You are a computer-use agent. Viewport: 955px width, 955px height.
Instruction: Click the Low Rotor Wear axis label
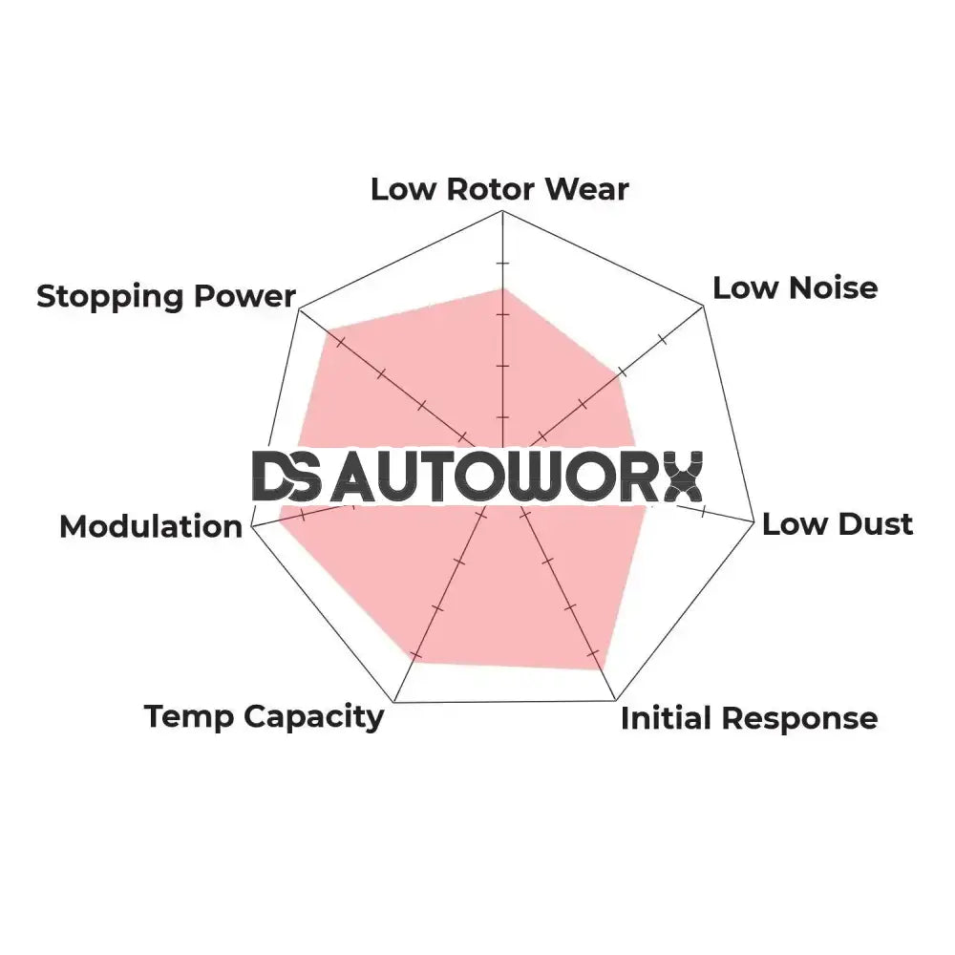click(x=499, y=189)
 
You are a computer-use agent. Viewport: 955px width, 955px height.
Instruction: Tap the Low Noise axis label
click(x=795, y=288)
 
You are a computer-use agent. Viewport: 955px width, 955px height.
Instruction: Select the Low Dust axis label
click(x=838, y=524)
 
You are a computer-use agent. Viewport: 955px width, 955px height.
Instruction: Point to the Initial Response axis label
click(x=749, y=719)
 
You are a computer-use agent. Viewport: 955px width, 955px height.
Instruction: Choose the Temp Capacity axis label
click(x=264, y=717)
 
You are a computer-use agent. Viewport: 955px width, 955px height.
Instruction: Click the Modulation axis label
click(x=151, y=527)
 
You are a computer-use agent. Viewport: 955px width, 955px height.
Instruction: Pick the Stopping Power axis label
click(x=166, y=297)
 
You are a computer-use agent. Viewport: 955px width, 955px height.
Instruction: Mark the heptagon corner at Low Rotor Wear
click(x=502, y=211)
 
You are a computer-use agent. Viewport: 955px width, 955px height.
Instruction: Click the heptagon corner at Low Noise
click(x=704, y=307)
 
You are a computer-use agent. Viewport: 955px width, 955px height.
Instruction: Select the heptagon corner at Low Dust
click(x=754, y=521)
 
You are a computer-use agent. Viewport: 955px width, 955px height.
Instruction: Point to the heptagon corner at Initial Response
click(x=616, y=700)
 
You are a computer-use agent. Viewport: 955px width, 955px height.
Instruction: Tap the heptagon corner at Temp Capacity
click(x=394, y=703)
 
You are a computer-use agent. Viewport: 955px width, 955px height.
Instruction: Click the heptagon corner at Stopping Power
click(x=299, y=310)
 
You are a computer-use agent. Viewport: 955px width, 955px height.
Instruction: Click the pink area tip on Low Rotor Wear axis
click(x=503, y=288)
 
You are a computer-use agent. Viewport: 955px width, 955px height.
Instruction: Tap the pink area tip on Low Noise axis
click(x=619, y=374)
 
